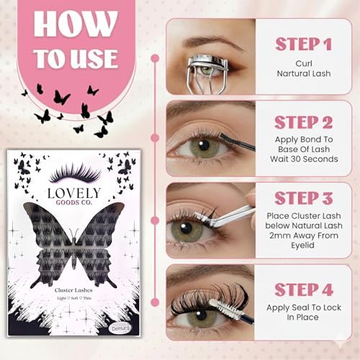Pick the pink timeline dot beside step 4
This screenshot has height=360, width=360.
[155, 297]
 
